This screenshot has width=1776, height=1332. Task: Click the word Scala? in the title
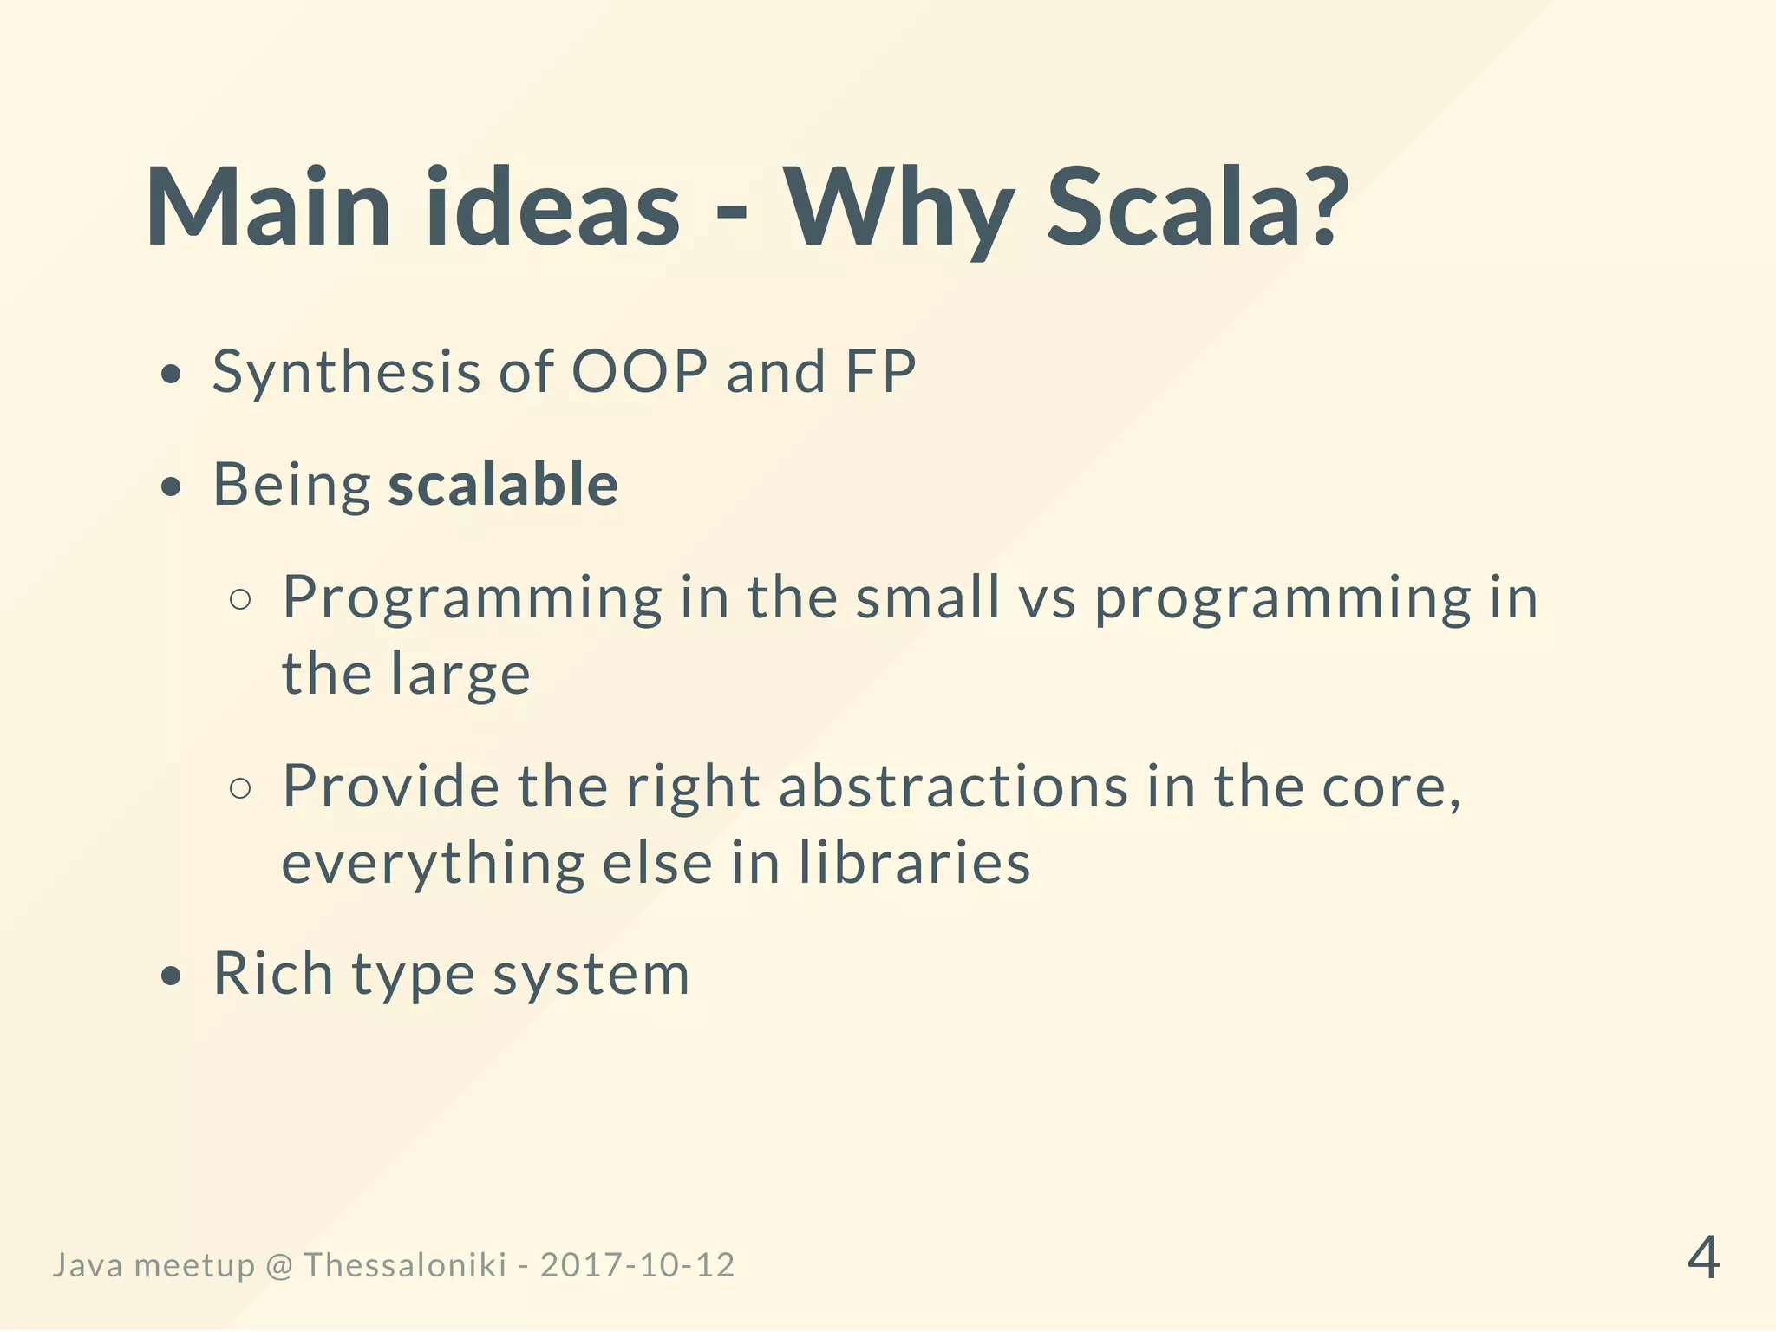pos(1197,208)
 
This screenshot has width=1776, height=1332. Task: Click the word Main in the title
pos(268,208)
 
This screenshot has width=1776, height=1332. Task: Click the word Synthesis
pos(346,373)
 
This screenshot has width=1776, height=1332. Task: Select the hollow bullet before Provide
pos(241,788)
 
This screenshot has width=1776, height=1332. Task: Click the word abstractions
pos(953,787)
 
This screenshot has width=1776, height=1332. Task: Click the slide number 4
pos(1703,1258)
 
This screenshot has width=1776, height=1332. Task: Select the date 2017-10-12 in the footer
pos(637,1265)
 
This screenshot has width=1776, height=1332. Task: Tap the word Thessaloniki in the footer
pos(405,1265)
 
